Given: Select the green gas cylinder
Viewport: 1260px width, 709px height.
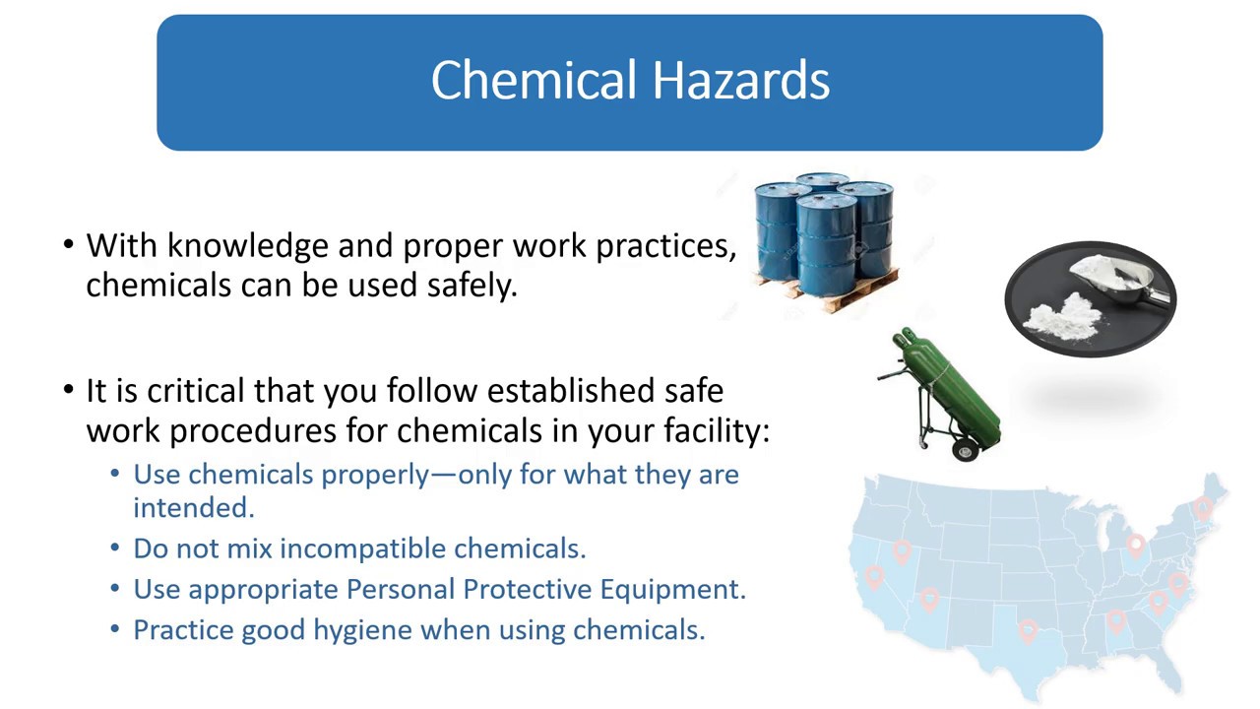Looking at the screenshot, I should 950,390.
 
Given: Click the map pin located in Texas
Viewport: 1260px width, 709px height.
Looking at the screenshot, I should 1028,629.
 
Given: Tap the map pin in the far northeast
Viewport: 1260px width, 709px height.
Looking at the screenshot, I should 1203,507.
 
